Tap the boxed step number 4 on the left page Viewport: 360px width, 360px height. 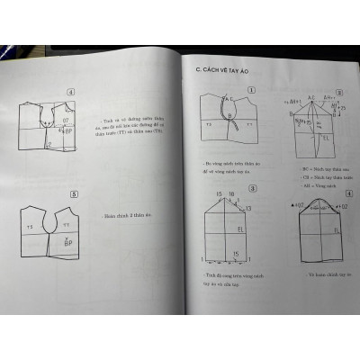point(73,91)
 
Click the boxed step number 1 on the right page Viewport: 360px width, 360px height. point(252,90)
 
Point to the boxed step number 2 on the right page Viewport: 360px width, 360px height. point(338,93)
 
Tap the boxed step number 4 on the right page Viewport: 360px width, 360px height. point(339,191)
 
